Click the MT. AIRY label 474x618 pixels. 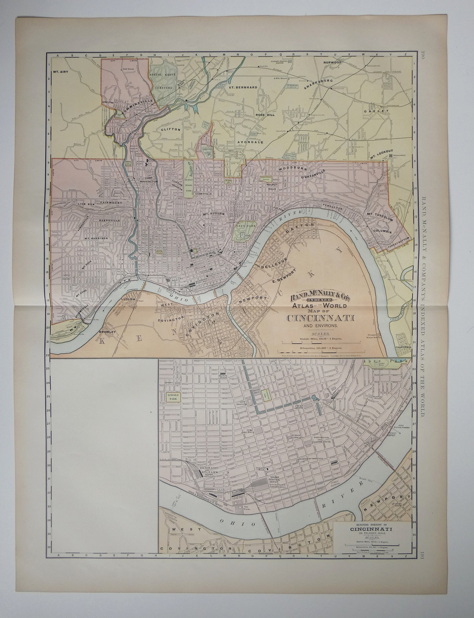click(x=61, y=72)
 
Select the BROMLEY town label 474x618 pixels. click(x=107, y=332)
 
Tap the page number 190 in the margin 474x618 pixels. click(x=422, y=54)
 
